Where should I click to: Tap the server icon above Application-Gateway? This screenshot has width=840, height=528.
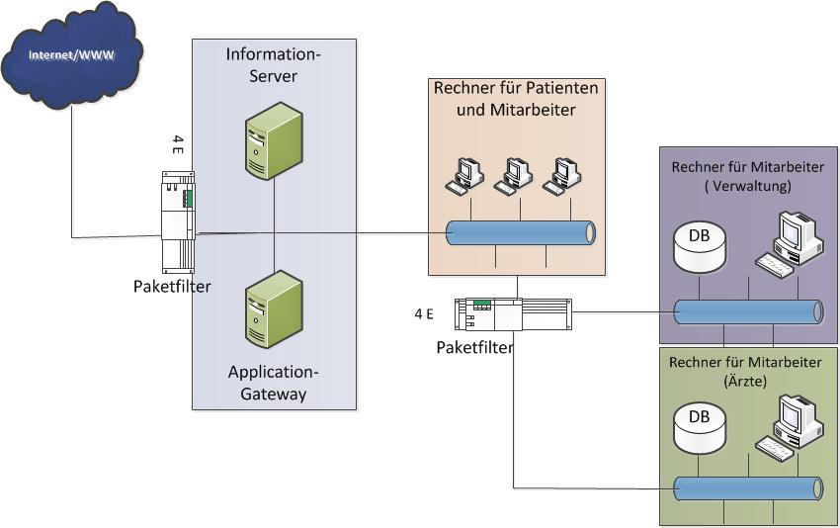click(x=273, y=308)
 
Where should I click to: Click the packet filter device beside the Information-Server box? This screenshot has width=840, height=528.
click(x=179, y=221)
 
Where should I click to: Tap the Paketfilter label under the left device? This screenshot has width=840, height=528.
click(x=172, y=287)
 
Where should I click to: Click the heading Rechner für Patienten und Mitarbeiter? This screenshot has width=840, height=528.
click(x=517, y=99)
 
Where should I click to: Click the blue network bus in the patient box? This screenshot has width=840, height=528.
click(x=520, y=233)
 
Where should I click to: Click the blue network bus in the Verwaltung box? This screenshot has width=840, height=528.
click(x=747, y=310)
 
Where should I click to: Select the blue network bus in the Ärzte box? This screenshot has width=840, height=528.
click(x=747, y=488)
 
